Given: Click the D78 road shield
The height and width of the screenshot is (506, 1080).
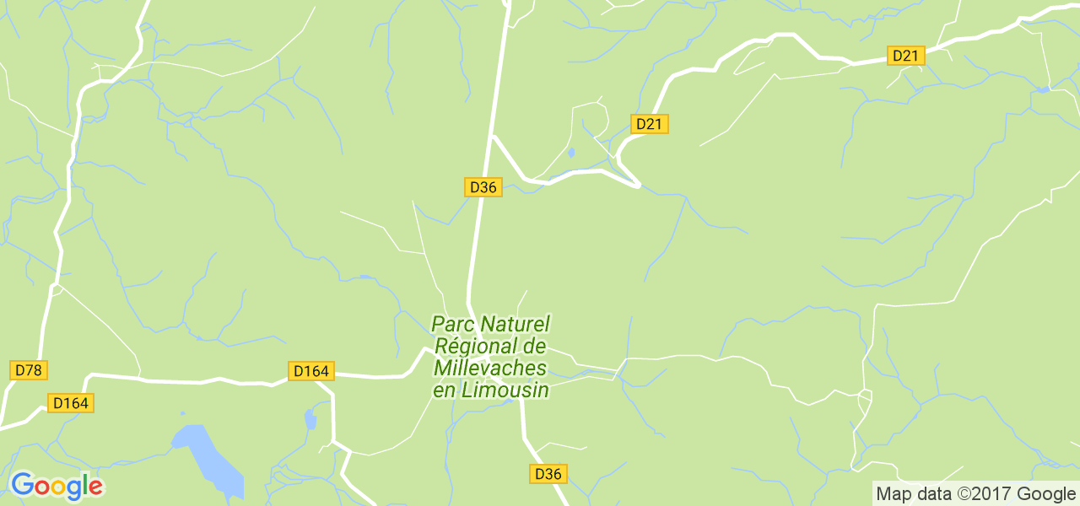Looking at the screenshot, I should (x=29, y=369).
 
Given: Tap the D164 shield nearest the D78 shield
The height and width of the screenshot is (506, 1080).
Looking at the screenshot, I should (x=71, y=403).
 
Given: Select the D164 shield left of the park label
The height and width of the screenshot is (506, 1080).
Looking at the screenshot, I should (x=311, y=371).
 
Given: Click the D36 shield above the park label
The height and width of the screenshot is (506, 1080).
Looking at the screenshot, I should (x=483, y=187).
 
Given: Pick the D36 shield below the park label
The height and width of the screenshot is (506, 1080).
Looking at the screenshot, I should (x=548, y=474).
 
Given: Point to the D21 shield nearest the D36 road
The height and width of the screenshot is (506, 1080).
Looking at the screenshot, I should (x=650, y=124).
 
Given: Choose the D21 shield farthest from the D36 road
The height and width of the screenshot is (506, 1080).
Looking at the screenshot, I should (x=906, y=56).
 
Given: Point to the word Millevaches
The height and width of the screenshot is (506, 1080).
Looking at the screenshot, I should (x=489, y=369).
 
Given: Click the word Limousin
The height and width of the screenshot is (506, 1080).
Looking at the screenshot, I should (x=504, y=390).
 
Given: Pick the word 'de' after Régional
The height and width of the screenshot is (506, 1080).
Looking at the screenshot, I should (x=534, y=346).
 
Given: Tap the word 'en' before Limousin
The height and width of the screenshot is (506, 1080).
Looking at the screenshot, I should (x=444, y=390).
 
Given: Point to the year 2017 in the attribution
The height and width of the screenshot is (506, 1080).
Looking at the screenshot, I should (x=984, y=494).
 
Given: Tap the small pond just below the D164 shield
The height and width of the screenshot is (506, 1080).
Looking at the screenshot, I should (x=310, y=418).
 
